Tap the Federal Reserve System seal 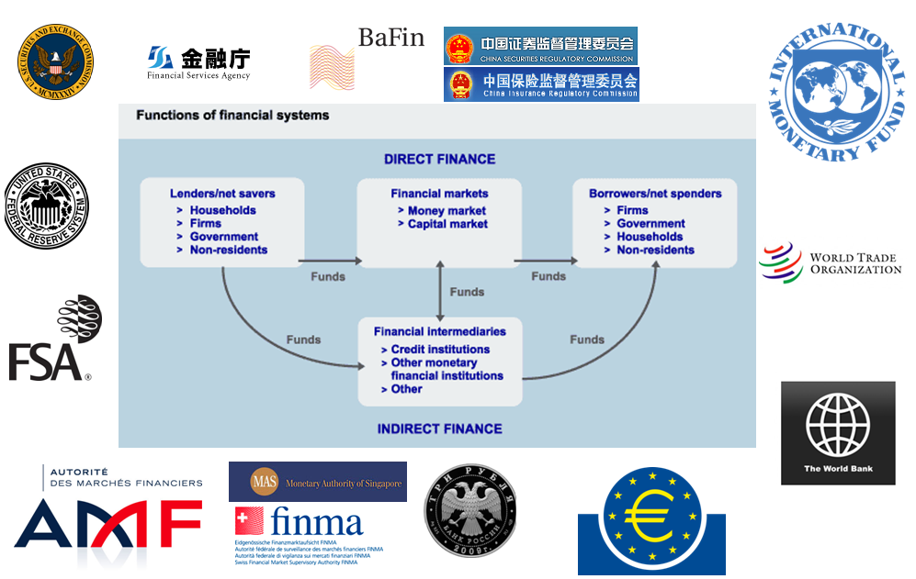click(x=47, y=206)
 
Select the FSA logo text click(x=46, y=362)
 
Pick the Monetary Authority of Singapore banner click(x=317, y=482)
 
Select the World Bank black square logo click(x=837, y=432)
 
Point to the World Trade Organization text click(x=854, y=263)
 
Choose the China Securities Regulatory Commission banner click(x=540, y=46)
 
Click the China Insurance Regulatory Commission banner click(x=541, y=84)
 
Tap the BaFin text click(x=390, y=38)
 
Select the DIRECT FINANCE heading click(x=439, y=159)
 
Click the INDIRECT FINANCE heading click(x=439, y=429)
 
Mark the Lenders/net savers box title click(x=222, y=194)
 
